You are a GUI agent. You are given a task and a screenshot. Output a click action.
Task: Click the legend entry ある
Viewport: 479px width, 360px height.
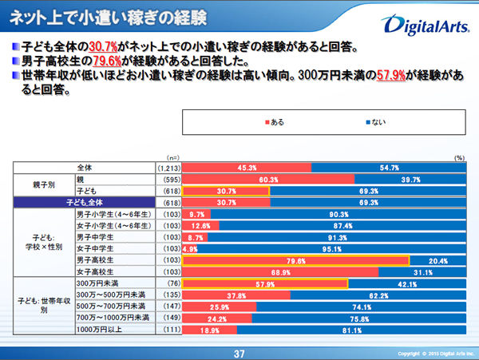click(274, 122)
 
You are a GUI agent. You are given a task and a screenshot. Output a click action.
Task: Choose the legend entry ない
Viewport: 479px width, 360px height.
click(375, 122)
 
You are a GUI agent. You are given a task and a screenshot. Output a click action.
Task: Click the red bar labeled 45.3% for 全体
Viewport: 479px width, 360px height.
click(246, 168)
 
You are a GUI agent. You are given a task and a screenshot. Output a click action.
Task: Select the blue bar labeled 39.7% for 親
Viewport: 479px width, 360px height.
click(410, 180)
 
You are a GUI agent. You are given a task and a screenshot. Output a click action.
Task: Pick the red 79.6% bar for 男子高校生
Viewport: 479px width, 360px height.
click(296, 260)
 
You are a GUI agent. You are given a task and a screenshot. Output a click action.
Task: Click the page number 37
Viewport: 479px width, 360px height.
click(238, 352)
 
